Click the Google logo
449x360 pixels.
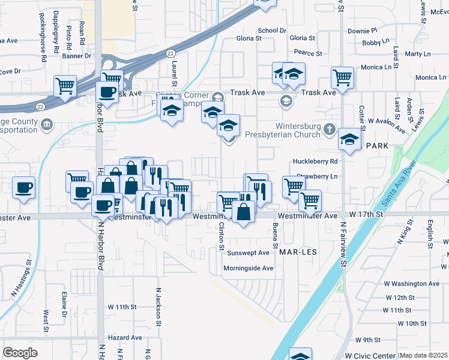pyautogui.click(x=20, y=352)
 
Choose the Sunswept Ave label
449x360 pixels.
pyautogui.click(x=247, y=253)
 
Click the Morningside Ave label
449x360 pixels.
pyautogui.click(x=248, y=268)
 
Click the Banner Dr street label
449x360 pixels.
pyautogui.click(x=76, y=56)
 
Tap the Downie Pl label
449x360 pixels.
pyautogui.click(x=363, y=30)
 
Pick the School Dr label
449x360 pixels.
pyautogui.click(x=272, y=30)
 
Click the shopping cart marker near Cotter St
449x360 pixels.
pyautogui.click(x=342, y=77)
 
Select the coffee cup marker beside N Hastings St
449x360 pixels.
pyautogui.click(x=24, y=187)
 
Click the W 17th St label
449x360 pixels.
pyautogui.click(x=366, y=214)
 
